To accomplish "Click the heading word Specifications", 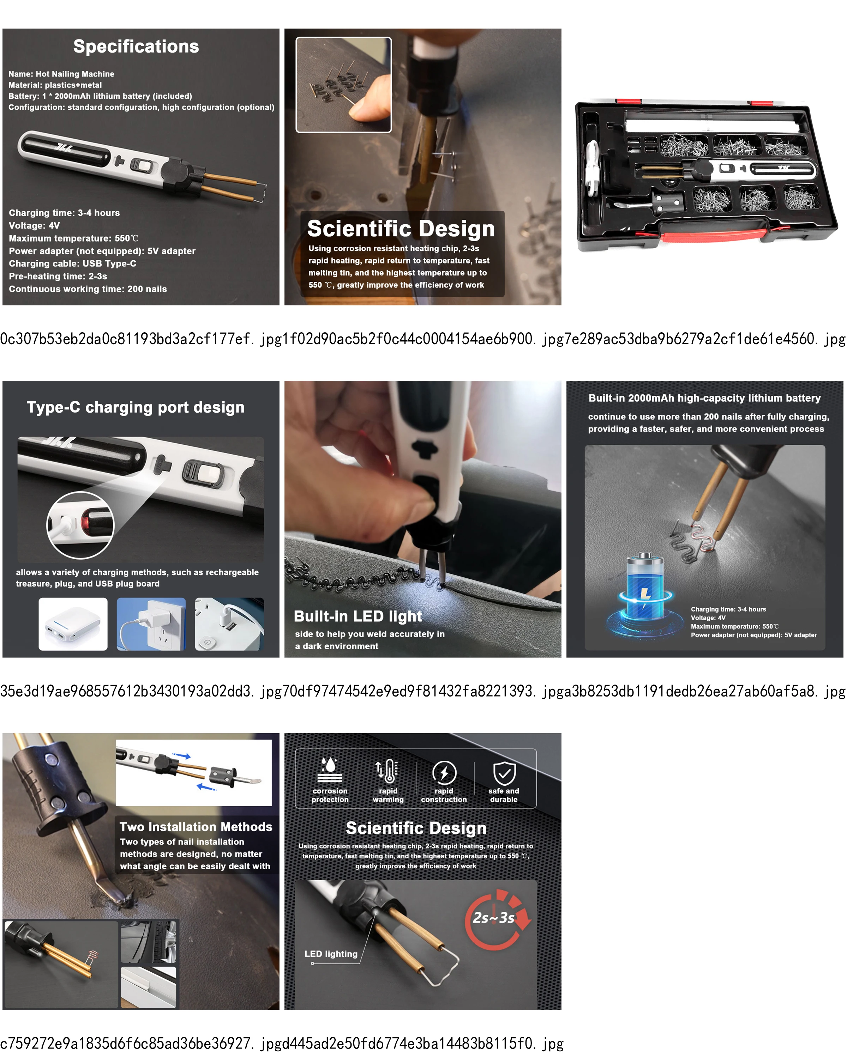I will pos(136,46).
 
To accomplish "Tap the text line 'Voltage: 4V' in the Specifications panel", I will pos(34,226).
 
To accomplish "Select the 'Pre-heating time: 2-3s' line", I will pos(58,276).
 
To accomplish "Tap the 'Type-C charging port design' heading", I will pos(136,407).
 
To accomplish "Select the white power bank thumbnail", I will pos(73,624).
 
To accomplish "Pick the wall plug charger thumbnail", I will pos(151,624).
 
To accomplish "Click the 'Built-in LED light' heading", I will pos(358,616).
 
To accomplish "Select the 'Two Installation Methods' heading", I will pos(196,827).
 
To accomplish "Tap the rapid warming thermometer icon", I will pos(388,771).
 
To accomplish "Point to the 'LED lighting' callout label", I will pos(331,954).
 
